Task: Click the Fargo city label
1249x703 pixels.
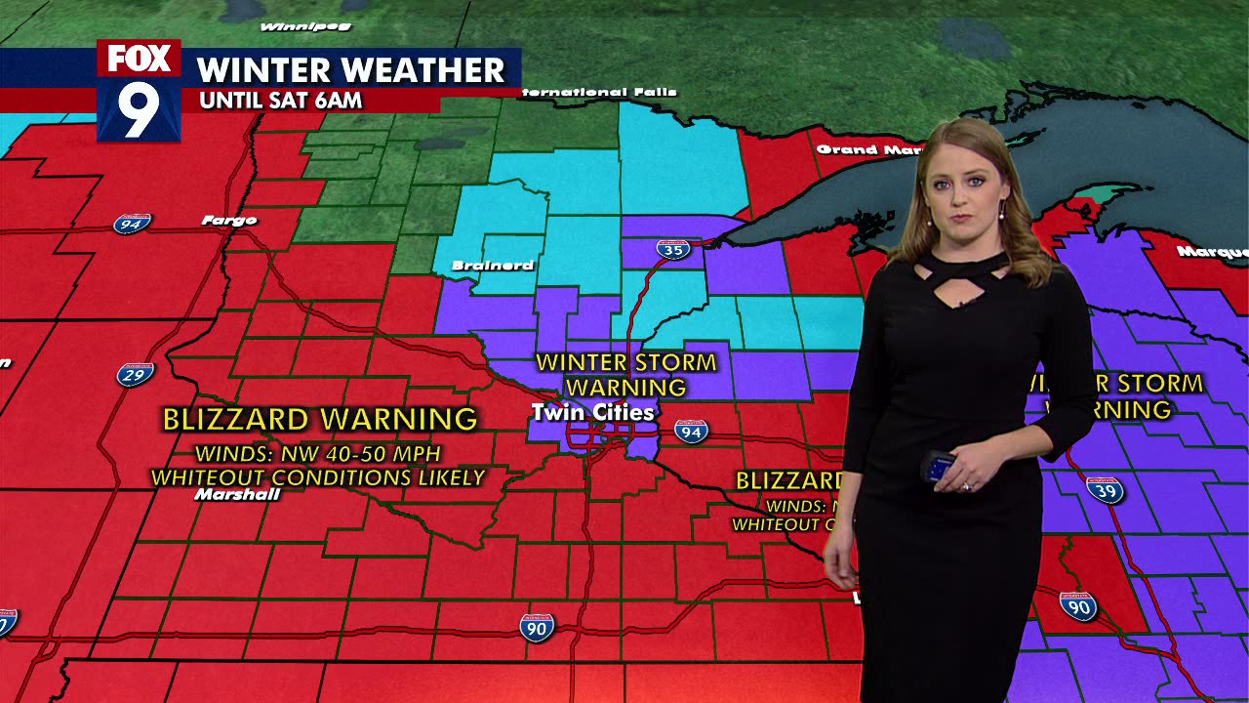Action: (x=229, y=221)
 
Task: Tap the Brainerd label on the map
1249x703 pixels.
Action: (x=493, y=266)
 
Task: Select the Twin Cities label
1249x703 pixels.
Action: (x=591, y=413)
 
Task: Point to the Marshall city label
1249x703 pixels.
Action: (x=237, y=495)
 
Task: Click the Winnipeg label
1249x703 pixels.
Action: (x=293, y=26)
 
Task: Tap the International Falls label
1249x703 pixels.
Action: (x=597, y=93)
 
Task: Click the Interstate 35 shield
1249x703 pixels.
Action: (x=672, y=249)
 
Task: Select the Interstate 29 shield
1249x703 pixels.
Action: (x=136, y=374)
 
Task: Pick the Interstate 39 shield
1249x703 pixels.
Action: (x=1106, y=489)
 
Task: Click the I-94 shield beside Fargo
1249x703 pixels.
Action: (x=132, y=224)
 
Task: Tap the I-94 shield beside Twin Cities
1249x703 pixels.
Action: (x=691, y=431)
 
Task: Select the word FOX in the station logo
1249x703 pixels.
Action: (x=139, y=59)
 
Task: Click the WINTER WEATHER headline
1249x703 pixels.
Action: (x=351, y=70)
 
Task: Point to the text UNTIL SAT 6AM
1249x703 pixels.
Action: (x=280, y=101)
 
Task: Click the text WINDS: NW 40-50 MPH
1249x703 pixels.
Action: (x=318, y=454)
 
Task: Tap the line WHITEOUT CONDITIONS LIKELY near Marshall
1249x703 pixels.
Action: (x=318, y=478)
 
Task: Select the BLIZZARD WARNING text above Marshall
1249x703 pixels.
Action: (x=319, y=420)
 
